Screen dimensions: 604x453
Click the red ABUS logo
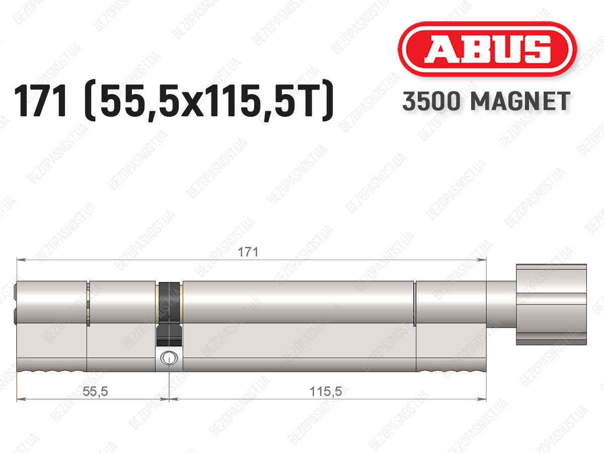tap(487, 49)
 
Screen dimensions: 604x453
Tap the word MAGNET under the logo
tap(520, 101)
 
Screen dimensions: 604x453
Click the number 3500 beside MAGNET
tap(431, 101)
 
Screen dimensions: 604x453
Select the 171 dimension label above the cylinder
tap(248, 252)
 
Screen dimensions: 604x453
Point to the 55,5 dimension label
tap(95, 391)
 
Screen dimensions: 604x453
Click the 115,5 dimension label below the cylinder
tap(326, 391)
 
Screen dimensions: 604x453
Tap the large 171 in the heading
tap(41, 101)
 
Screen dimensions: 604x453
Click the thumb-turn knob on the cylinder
tap(552, 305)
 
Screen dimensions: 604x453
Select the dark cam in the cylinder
tap(169, 314)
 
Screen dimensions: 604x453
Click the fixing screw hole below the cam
tap(169, 358)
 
